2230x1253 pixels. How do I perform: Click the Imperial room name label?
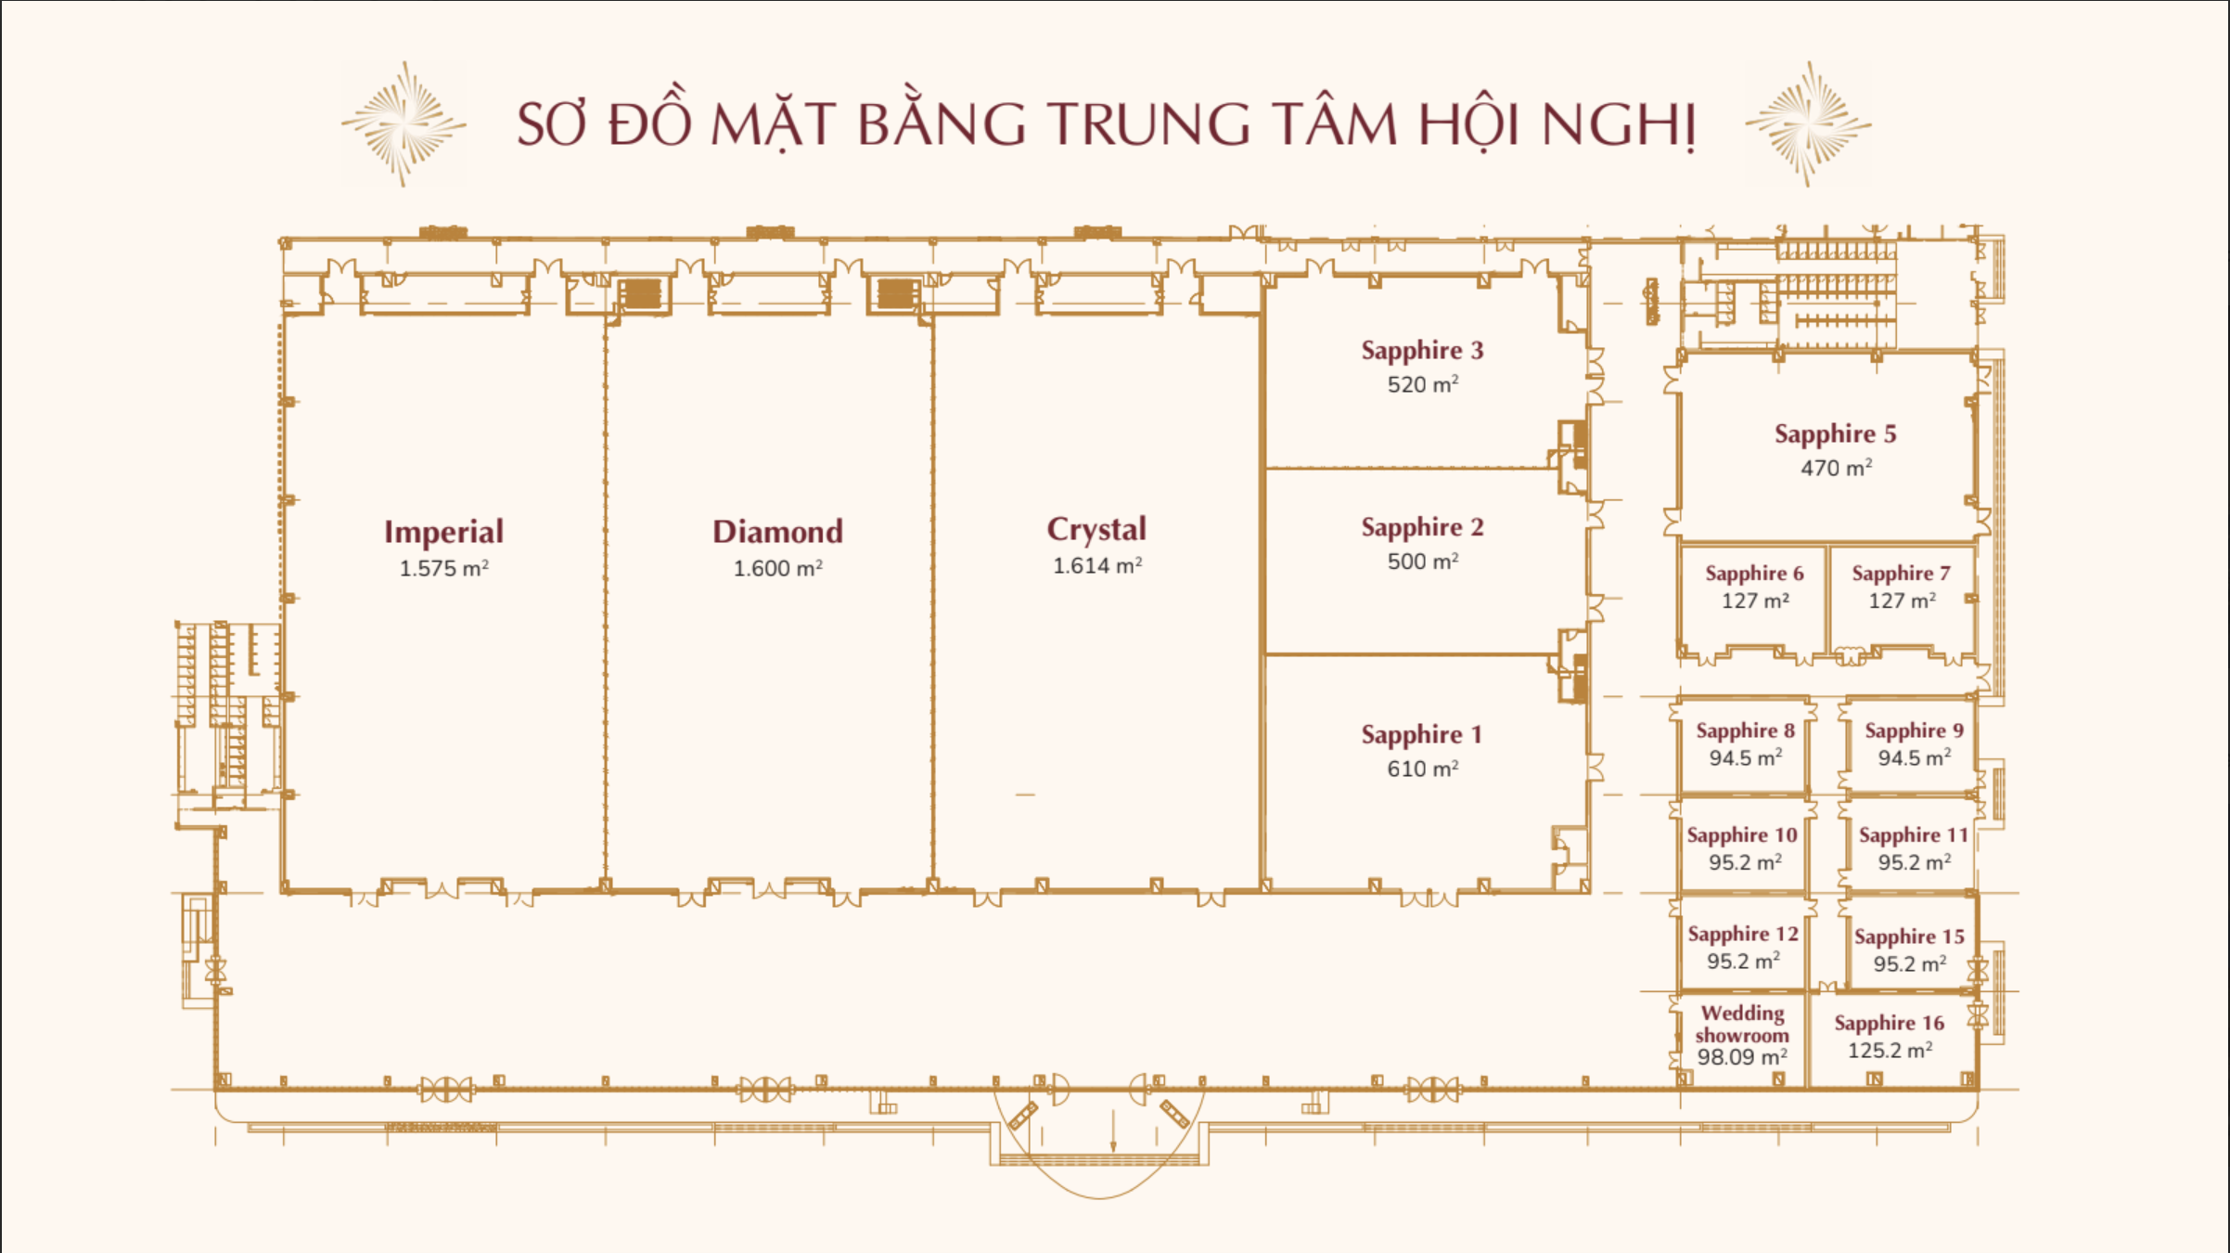click(444, 533)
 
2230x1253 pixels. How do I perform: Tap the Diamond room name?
click(777, 532)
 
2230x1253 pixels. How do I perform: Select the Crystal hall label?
click(1096, 530)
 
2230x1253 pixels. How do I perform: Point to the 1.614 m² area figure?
click(1097, 565)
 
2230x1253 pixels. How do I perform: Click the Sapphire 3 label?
click(1422, 350)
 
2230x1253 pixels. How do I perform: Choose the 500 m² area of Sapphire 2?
click(1423, 561)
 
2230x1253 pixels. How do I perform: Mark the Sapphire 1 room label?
click(1421, 734)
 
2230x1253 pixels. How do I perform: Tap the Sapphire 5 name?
click(1835, 433)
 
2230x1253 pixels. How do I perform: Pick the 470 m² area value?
click(1836, 467)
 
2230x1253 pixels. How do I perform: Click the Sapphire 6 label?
click(1754, 574)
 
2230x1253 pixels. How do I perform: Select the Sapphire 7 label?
click(1901, 574)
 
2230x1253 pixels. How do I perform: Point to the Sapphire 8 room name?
click(1745, 731)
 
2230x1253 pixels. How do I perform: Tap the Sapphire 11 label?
click(1913, 835)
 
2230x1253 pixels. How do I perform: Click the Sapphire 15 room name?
click(1909, 937)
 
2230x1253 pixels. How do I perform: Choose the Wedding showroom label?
click(1742, 1024)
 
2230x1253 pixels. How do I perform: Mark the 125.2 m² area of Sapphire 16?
click(1890, 1050)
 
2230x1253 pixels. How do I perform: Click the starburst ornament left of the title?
click(404, 124)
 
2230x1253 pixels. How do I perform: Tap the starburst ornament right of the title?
click(1808, 124)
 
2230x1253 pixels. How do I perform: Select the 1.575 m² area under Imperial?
click(443, 568)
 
